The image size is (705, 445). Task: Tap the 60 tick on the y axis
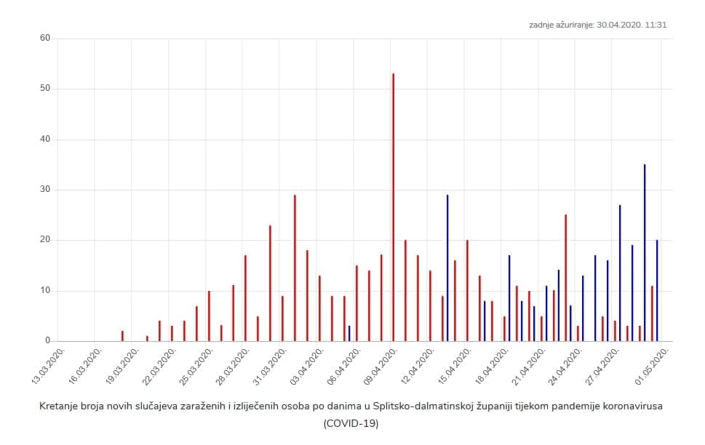coord(44,38)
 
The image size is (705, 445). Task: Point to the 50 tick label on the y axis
coord(44,89)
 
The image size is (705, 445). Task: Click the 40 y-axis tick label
coord(44,139)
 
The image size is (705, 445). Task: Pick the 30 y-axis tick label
coord(44,190)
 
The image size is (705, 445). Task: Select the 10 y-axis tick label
coord(44,291)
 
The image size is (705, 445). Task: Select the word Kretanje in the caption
coord(57,406)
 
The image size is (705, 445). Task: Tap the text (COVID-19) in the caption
coord(351,422)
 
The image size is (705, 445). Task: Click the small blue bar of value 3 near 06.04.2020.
coord(349,334)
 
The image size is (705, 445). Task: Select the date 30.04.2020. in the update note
coord(619,25)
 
